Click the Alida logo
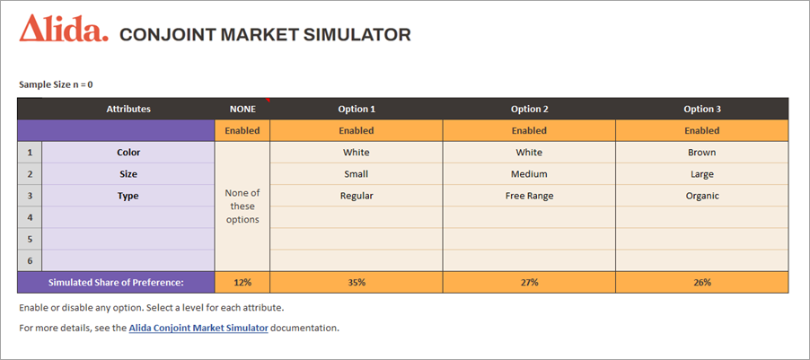[64, 29]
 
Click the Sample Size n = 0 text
[56, 84]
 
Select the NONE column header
[242, 109]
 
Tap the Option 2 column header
[529, 109]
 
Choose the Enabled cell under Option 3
[701, 131]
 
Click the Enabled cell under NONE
[242, 131]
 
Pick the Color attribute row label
[128, 153]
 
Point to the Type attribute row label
[128, 196]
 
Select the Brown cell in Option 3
[701, 153]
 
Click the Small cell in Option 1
[357, 174]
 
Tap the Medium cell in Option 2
[529, 174]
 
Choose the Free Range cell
[529, 196]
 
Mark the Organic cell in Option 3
[701, 196]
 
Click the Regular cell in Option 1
[357, 196]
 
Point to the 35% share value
[357, 283]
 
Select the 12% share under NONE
[242, 283]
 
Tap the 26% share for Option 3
[701, 283]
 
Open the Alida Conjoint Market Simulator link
[198, 328]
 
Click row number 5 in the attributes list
[30, 239]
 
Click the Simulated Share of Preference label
[116, 283]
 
